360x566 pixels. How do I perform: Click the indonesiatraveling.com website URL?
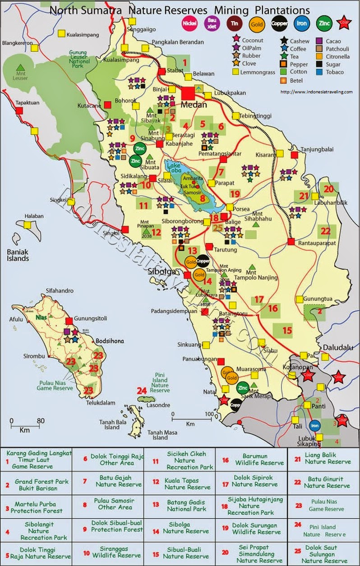pyautogui.click(x=316, y=92)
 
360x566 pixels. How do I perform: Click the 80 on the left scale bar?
pyautogui.click(x=41, y=421)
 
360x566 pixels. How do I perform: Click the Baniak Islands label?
pyautogui.click(x=14, y=255)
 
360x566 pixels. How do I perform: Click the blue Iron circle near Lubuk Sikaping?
pyautogui.click(x=314, y=425)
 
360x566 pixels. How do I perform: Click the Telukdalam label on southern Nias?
pyautogui.click(x=99, y=403)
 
